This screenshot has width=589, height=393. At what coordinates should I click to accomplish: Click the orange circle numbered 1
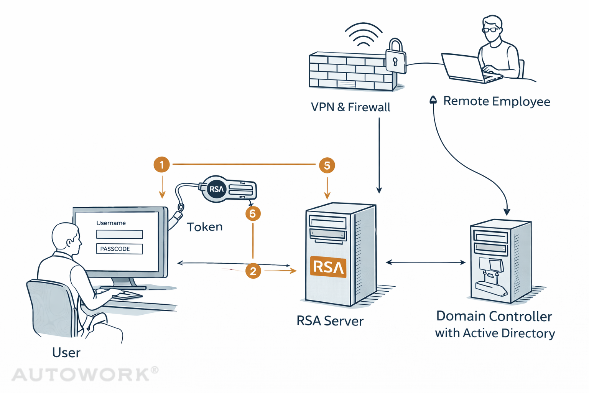click(161, 165)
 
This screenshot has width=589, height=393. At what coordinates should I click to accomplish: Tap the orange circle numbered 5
click(327, 165)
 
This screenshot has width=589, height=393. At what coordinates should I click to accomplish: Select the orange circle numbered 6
click(253, 213)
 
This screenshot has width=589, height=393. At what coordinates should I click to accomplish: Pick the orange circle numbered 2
click(253, 271)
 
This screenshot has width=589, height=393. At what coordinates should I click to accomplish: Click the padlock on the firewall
click(396, 57)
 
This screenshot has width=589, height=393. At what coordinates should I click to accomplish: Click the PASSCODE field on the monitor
click(119, 249)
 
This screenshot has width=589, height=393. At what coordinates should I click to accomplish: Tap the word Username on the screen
click(111, 223)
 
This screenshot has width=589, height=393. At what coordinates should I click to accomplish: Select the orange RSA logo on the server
click(328, 267)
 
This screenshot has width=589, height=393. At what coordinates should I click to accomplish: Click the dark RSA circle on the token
click(216, 189)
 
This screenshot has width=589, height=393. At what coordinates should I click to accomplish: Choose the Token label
click(205, 227)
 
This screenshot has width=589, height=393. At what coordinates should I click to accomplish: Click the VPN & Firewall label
click(350, 107)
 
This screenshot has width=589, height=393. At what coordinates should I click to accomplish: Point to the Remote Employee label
click(497, 101)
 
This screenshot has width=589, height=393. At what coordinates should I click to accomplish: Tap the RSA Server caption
click(330, 321)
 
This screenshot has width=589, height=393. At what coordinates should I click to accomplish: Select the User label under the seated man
click(66, 353)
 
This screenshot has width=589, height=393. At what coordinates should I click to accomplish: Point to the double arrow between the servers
click(426, 263)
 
